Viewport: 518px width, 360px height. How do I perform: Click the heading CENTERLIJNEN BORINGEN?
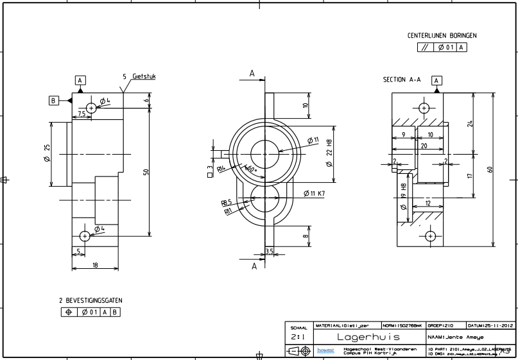coord(442,36)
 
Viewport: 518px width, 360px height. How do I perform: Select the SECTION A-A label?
coord(401,80)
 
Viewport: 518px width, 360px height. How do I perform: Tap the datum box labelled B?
coord(54,100)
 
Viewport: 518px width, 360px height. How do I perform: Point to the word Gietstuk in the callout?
coord(144,76)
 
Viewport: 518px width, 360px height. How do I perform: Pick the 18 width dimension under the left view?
coord(95,264)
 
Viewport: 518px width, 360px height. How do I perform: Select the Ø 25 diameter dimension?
coord(47,153)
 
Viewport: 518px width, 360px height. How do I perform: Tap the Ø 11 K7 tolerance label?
coord(315,193)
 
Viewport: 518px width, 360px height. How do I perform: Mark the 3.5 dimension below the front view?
coord(270,251)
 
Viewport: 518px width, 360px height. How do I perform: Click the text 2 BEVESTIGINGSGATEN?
coord(90,300)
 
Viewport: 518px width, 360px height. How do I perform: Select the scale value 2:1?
coord(298,336)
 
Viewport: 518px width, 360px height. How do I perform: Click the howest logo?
coord(326,350)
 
